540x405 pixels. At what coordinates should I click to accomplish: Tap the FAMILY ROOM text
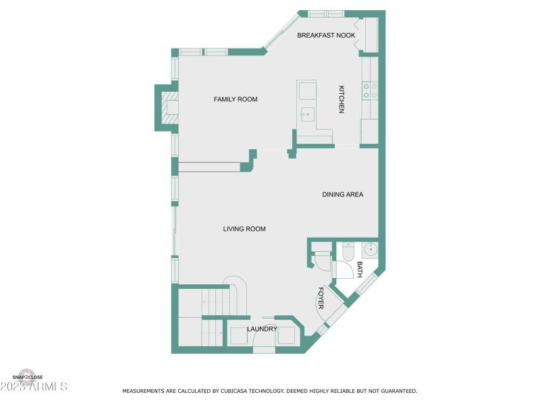(x=236, y=99)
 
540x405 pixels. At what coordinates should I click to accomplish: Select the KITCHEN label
(x=342, y=99)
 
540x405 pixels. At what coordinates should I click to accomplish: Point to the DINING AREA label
(x=342, y=194)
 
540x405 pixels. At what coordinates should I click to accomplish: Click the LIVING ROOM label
(x=244, y=229)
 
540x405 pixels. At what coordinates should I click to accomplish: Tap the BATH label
(x=359, y=270)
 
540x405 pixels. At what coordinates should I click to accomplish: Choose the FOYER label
(x=320, y=298)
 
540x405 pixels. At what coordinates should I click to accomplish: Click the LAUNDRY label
(x=261, y=329)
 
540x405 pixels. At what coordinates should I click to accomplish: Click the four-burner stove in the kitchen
(x=370, y=90)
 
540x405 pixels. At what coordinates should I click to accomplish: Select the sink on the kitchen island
(x=307, y=114)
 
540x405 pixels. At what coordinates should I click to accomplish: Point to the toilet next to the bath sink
(x=348, y=252)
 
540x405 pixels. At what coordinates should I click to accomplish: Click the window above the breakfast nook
(x=326, y=13)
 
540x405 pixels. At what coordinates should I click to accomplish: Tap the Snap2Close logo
(x=27, y=376)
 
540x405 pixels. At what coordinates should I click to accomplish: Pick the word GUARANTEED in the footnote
(x=396, y=391)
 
